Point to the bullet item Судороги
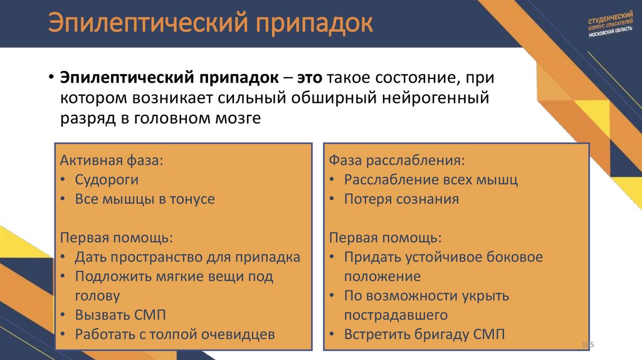point(107,179)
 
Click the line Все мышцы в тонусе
point(145,199)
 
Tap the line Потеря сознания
point(401,199)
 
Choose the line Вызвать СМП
point(120,315)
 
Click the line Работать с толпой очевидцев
point(175,334)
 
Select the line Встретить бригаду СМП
point(424,334)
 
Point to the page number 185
point(587,346)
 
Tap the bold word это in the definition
point(310,78)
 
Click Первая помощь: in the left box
point(116,238)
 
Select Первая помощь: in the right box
point(385,238)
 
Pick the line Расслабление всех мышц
point(431,179)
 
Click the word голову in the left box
point(97,295)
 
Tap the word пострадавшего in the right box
point(396,315)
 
